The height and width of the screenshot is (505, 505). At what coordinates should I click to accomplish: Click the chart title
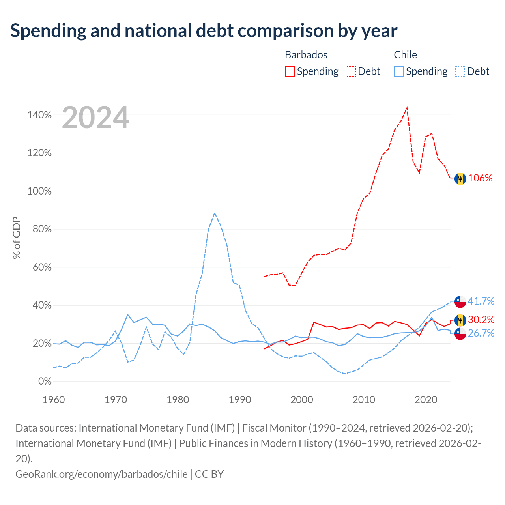[204, 31]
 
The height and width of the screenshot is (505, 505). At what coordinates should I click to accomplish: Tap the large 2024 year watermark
[95, 117]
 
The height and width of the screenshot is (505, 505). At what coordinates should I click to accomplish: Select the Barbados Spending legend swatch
[290, 71]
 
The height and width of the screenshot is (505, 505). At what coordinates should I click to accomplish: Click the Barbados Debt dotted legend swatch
[350, 71]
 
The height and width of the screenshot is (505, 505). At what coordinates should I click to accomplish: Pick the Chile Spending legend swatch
[398, 71]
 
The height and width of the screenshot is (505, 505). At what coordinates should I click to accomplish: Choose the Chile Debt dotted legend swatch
[460, 71]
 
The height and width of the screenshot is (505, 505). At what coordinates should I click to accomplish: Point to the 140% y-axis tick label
[39, 115]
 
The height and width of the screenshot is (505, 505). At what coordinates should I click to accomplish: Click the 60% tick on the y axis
[42, 267]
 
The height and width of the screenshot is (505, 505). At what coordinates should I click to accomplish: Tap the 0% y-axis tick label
[45, 381]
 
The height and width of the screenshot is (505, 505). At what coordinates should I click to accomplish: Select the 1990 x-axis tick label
[239, 400]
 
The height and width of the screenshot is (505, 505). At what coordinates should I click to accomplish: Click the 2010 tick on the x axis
[363, 400]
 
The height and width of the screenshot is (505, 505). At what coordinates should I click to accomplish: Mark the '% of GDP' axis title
[17, 238]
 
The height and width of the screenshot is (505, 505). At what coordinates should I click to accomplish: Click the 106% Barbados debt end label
[480, 178]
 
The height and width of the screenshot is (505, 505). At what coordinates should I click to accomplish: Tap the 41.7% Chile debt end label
[481, 301]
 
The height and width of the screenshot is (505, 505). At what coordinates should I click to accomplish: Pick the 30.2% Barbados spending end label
[481, 320]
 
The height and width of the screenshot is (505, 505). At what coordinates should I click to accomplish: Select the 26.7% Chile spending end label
[481, 333]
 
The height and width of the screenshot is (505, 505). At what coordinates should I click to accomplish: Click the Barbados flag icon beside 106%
[460, 179]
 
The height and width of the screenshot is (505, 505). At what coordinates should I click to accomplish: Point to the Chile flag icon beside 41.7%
[460, 302]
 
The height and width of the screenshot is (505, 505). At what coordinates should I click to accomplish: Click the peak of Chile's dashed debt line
[215, 213]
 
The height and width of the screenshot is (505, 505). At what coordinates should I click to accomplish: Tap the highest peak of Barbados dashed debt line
[407, 108]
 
